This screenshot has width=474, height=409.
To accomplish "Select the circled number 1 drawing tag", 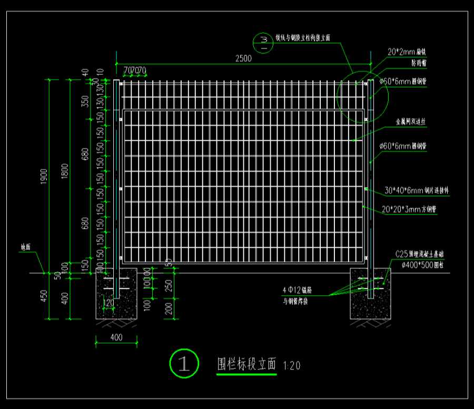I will pos(184,363).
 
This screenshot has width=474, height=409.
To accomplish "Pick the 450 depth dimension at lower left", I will pos(45,296).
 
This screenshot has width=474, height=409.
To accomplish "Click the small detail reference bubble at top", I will pos(263,42).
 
